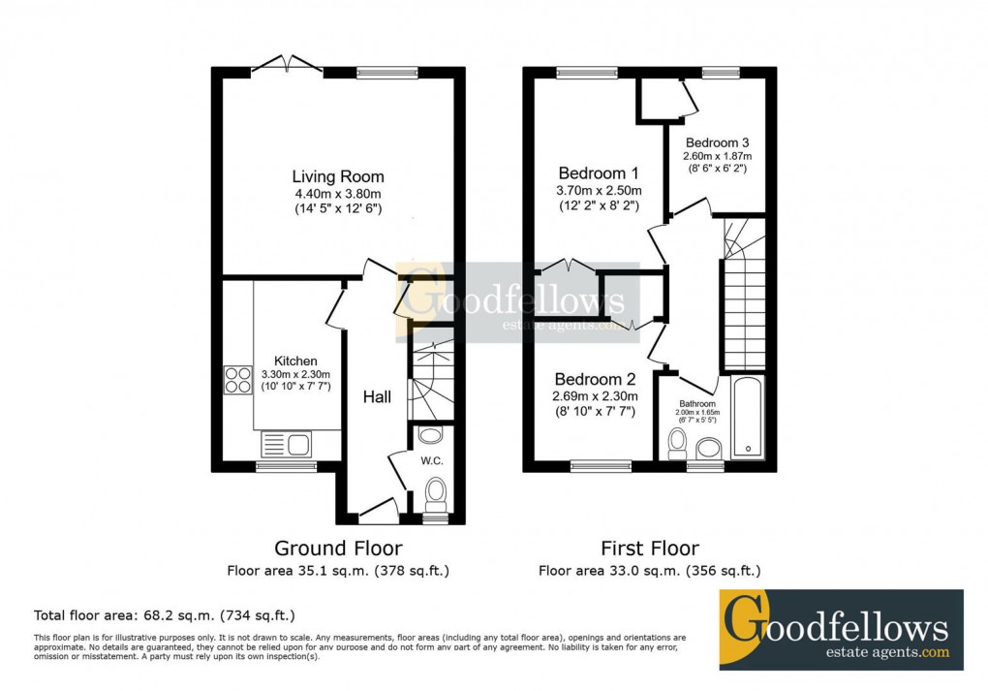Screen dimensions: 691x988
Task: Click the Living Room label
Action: tap(338, 177)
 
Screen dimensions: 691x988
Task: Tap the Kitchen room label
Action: tap(295, 361)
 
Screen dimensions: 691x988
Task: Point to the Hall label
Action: tap(377, 397)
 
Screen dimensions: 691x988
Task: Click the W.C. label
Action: tap(431, 461)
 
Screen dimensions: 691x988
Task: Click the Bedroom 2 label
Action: tap(595, 379)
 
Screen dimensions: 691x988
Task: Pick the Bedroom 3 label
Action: tap(717, 142)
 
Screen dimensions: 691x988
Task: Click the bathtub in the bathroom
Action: tap(748, 418)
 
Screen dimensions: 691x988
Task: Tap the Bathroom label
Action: tap(696, 404)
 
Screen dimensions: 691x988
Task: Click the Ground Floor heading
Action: tap(338, 549)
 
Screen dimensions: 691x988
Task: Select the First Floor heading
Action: tap(649, 549)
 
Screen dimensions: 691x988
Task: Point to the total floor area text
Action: tap(165, 615)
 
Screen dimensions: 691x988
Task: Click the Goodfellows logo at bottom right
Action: tap(841, 629)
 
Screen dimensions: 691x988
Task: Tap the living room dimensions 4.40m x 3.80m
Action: tap(338, 194)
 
